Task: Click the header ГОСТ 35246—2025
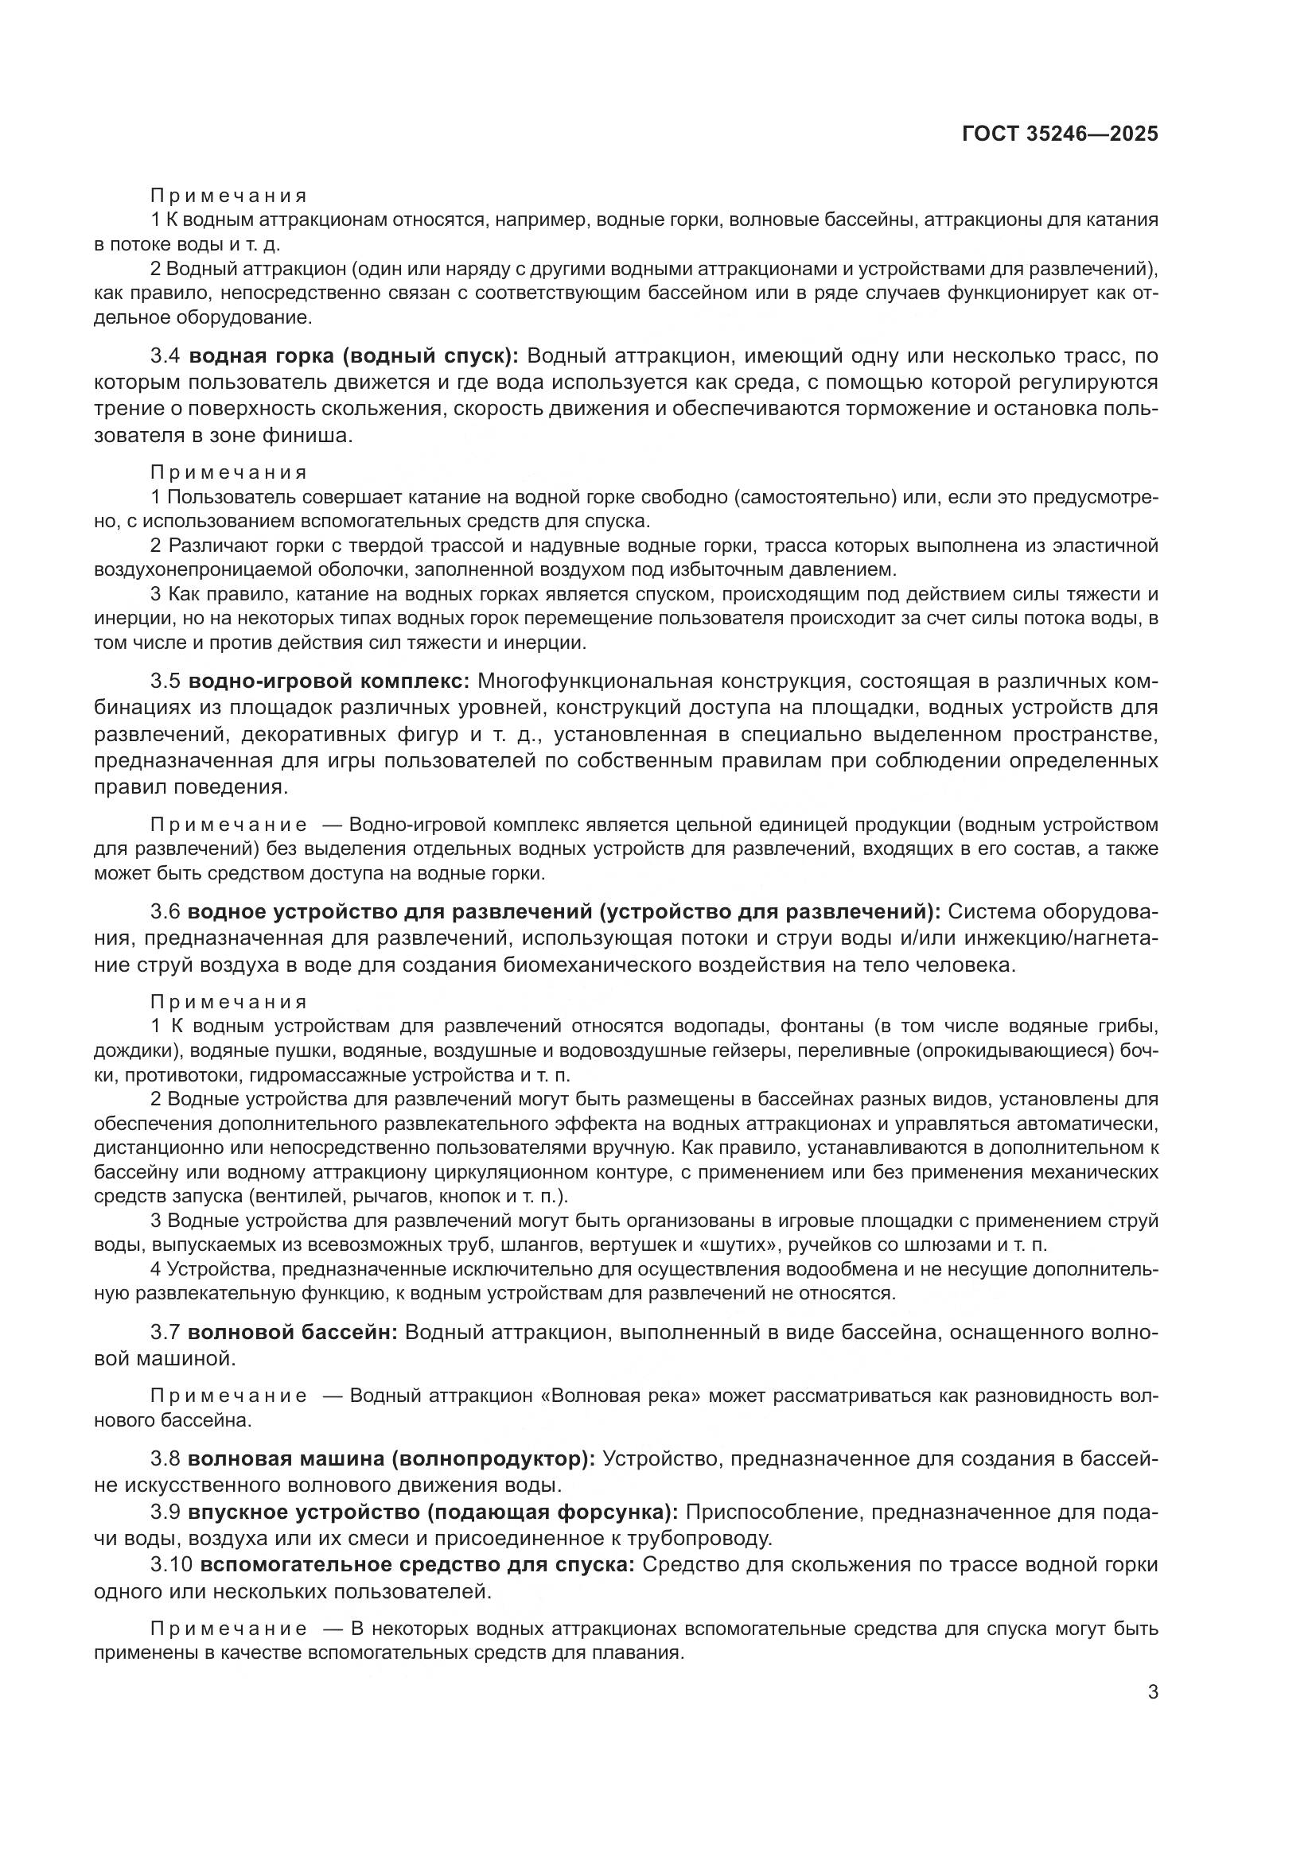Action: pyautogui.click(x=1059, y=134)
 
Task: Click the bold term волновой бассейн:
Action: pyautogui.click(x=293, y=1333)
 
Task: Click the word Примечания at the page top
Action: pyautogui.click(x=228, y=196)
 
